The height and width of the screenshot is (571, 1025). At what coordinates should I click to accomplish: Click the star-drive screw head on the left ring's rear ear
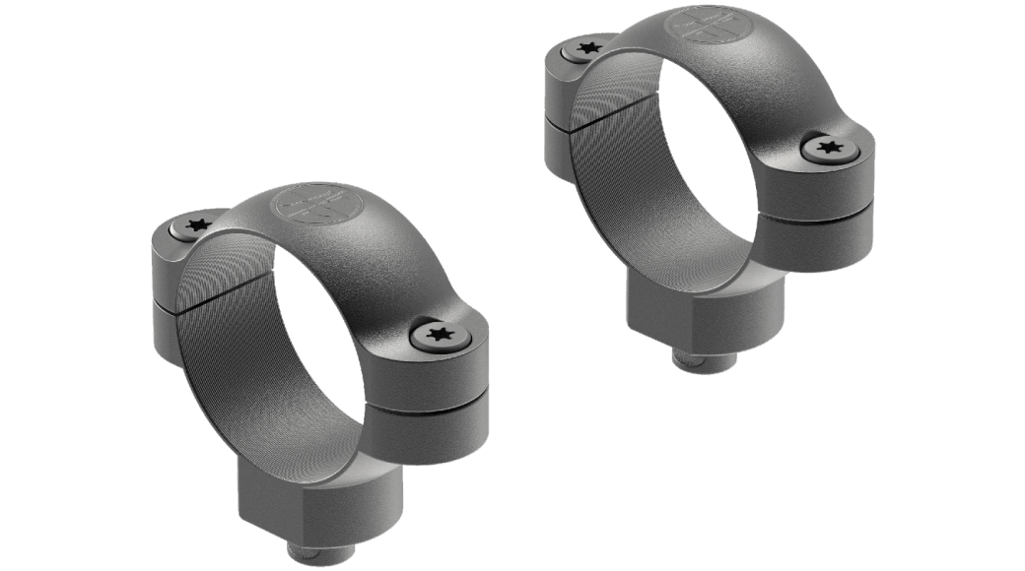point(197,223)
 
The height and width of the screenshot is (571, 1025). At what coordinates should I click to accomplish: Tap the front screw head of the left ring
point(438,336)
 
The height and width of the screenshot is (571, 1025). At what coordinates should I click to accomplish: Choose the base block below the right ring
point(680,305)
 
